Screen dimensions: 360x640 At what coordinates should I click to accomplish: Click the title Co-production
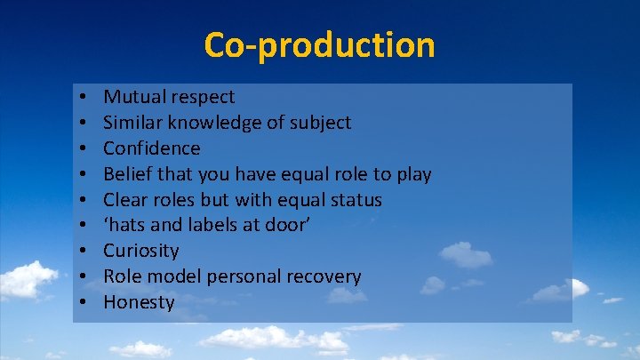click(319, 44)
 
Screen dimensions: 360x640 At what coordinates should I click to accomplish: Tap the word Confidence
click(152, 148)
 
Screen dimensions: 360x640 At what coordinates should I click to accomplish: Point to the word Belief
click(128, 173)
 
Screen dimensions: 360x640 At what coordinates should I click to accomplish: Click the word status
click(353, 199)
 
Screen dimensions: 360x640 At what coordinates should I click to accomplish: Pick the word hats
click(127, 225)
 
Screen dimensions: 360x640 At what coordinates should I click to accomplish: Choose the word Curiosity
click(141, 251)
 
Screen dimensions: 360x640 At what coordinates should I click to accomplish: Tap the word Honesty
click(139, 302)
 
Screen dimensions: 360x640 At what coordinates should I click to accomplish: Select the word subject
click(321, 122)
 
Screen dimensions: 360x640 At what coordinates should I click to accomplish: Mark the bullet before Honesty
click(81, 303)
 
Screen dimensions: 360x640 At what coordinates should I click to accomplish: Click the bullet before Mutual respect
click(81, 97)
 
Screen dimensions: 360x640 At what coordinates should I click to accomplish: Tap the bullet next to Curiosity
click(81, 252)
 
